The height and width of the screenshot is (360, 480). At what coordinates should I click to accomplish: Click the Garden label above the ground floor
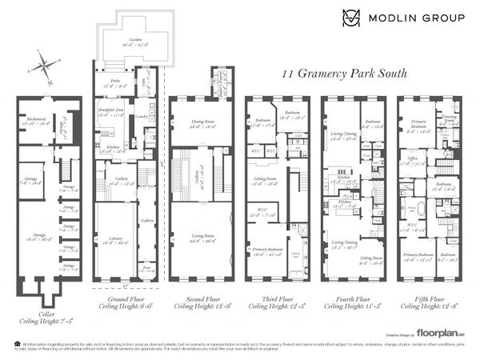(124, 41)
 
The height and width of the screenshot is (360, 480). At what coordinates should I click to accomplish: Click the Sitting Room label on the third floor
(261, 179)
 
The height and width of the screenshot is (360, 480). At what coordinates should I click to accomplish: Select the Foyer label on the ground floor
(145, 270)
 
